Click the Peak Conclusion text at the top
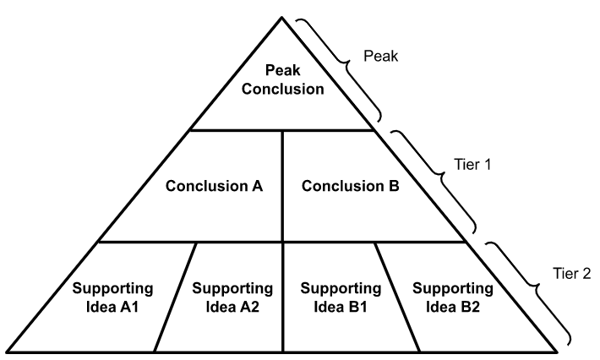(x=283, y=79)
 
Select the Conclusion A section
(x=214, y=186)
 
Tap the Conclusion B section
(x=350, y=186)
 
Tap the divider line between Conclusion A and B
(x=282, y=186)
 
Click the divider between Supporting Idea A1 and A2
(x=176, y=296)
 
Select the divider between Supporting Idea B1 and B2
(x=397, y=296)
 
